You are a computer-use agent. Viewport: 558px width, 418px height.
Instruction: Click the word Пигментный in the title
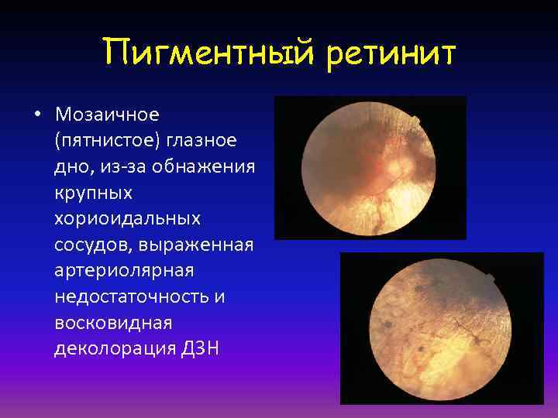pyautogui.click(x=205, y=54)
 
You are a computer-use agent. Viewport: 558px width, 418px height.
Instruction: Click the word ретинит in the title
pyautogui.click(x=392, y=54)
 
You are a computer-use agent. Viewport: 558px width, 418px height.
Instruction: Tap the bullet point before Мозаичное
pyautogui.click(x=36, y=116)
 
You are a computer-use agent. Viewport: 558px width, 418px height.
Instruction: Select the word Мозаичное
pyautogui.click(x=107, y=115)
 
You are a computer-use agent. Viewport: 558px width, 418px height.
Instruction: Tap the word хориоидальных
pyautogui.click(x=127, y=219)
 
